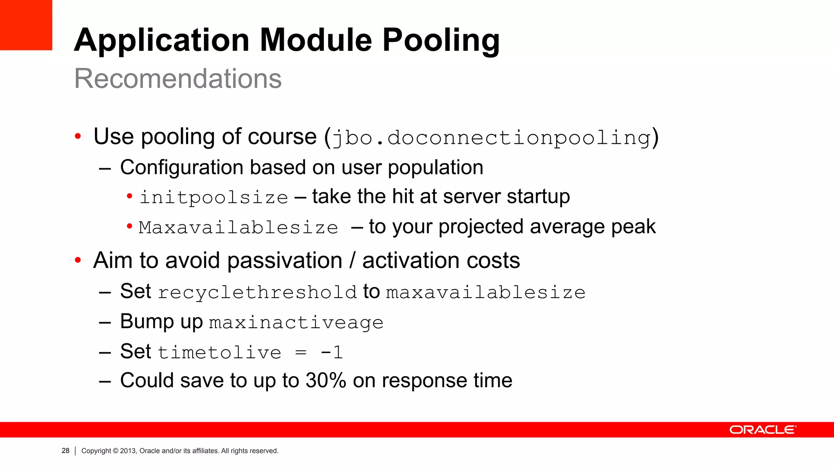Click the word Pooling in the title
click(441, 41)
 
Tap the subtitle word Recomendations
click(178, 78)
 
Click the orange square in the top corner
click(26, 24)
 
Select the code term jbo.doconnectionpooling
click(492, 138)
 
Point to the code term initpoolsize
click(214, 198)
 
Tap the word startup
click(538, 197)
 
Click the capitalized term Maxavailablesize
click(238, 228)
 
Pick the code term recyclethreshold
click(257, 293)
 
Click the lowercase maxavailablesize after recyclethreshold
click(485, 293)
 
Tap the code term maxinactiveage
click(296, 323)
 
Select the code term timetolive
click(219, 353)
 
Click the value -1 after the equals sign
click(331, 353)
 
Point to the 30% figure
click(326, 381)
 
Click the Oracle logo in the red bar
click(762, 430)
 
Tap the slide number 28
click(66, 451)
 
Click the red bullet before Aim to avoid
click(78, 260)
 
